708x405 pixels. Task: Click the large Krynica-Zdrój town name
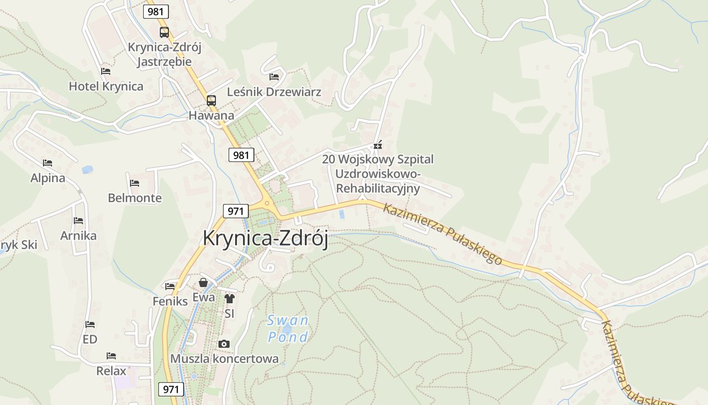pos(265,238)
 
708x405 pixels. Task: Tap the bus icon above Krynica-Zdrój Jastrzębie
pos(164,32)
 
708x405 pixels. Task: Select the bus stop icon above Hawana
pos(211,100)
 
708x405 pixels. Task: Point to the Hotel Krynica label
pos(106,86)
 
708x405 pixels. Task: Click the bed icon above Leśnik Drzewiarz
pos(274,77)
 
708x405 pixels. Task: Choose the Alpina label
pos(48,178)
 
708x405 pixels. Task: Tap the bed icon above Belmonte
pos(135,183)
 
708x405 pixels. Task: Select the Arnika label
pos(78,235)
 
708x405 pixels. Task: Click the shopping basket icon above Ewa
pos(203,282)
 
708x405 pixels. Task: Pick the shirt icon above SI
pos(230,299)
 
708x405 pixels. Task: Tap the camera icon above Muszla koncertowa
pos(224,344)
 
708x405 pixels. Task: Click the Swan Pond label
pos(288,329)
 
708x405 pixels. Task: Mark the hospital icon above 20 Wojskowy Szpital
pos(377,145)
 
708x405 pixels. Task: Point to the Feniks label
pos(170,301)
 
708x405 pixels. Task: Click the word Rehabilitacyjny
pos(378,188)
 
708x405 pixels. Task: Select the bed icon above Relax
pos(111,356)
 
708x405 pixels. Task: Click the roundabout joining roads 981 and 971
pos(267,204)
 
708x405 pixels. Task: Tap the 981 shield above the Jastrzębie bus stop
pos(156,11)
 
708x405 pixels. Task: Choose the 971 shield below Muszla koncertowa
pos(171,389)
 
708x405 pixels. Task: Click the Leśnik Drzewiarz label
pos(274,92)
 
